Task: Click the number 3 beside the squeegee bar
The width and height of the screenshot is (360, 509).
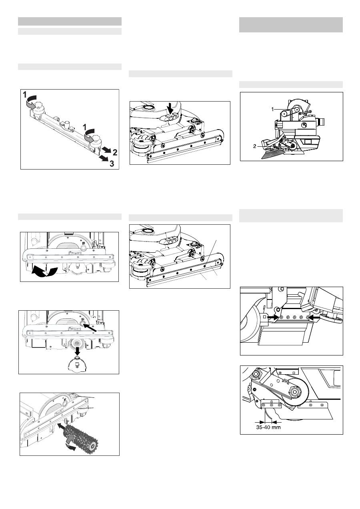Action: click(x=112, y=164)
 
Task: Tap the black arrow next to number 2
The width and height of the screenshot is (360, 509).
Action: click(x=106, y=150)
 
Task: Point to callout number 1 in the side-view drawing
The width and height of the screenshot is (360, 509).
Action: click(x=272, y=110)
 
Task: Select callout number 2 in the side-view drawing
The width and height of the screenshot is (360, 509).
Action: click(x=254, y=146)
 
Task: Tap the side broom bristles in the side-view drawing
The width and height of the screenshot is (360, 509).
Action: click(x=271, y=155)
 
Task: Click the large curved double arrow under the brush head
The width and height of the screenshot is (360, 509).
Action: click(x=44, y=272)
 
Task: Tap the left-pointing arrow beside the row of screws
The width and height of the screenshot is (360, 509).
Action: click(x=315, y=317)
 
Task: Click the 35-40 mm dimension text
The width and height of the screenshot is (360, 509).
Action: click(x=268, y=427)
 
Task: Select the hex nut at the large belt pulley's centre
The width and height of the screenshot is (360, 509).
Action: click(x=295, y=391)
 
